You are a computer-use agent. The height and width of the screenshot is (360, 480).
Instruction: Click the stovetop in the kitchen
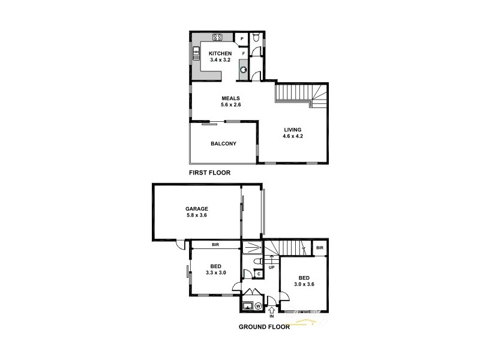click(217, 37)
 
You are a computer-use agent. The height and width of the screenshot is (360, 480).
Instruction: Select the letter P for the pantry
click(242, 39)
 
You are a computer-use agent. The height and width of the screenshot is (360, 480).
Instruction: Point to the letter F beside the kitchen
click(243, 53)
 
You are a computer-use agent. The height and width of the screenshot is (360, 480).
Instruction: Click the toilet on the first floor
click(256, 38)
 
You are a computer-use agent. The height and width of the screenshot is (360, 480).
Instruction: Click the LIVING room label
click(293, 130)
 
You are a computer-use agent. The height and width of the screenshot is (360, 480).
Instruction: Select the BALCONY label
click(223, 143)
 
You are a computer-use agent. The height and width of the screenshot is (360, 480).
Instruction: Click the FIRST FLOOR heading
click(210, 172)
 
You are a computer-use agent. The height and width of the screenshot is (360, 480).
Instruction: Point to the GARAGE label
click(196, 209)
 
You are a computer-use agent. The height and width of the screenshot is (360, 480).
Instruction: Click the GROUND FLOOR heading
click(264, 327)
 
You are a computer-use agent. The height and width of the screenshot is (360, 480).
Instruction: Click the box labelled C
click(258, 274)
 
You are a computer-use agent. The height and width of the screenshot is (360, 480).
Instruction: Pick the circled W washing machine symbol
click(258, 306)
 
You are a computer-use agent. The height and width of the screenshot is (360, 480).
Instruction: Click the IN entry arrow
click(272, 311)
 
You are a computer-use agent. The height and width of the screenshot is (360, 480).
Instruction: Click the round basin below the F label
click(244, 69)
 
